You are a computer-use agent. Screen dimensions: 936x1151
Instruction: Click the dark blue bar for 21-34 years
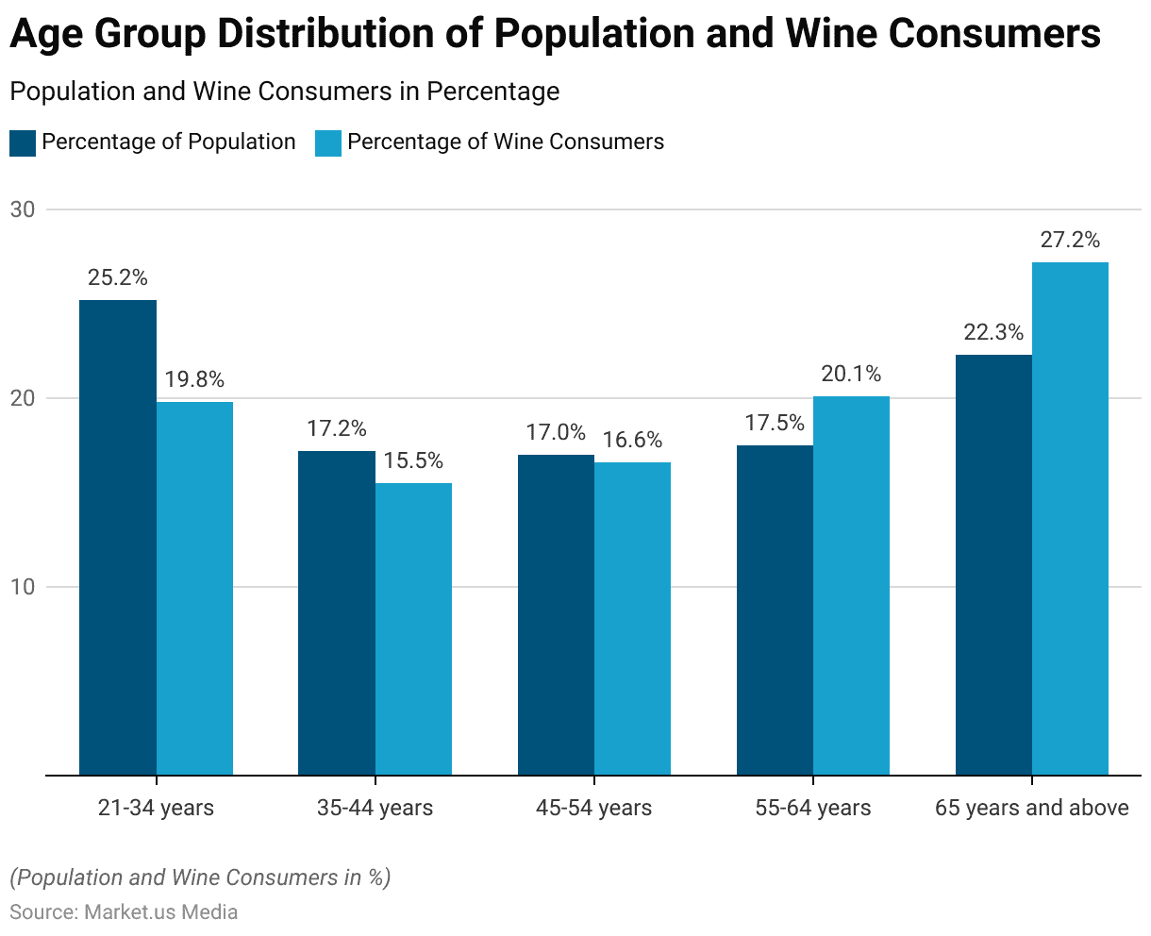(x=118, y=538)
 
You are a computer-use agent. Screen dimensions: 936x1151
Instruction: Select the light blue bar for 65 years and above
(x=1070, y=519)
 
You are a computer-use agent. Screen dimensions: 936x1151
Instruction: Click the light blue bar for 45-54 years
(x=632, y=619)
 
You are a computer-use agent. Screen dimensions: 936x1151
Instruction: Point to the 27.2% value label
(x=1070, y=240)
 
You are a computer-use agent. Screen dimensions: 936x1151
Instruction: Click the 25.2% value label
(x=118, y=277)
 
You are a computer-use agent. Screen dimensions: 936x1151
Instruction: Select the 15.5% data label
(x=413, y=461)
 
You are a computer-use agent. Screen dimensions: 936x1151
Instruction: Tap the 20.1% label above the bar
(x=851, y=374)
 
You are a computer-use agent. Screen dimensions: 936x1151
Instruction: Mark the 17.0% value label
(x=556, y=432)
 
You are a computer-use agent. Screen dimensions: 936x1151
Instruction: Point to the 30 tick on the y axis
(x=23, y=209)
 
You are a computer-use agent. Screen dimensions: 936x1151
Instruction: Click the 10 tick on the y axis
(x=23, y=587)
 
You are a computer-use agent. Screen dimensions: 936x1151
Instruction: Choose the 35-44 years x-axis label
(x=375, y=808)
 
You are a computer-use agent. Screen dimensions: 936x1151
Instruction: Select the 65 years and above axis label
(x=1031, y=808)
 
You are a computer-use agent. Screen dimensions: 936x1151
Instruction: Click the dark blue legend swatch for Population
(x=23, y=142)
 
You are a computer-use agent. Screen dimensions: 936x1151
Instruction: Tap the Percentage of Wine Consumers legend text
(x=506, y=142)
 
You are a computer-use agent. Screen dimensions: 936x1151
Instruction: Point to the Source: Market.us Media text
(x=124, y=911)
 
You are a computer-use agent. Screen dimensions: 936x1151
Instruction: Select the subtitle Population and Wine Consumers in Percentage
(x=284, y=92)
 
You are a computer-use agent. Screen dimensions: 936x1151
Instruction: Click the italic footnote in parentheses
(x=200, y=877)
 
